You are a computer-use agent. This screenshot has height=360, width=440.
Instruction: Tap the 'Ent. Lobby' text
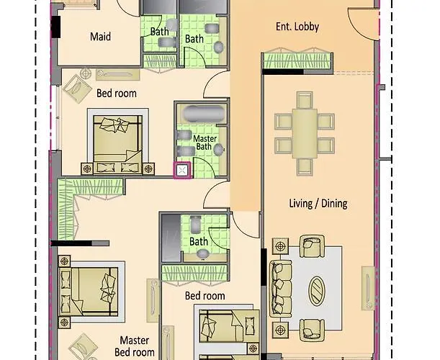coord(297,27)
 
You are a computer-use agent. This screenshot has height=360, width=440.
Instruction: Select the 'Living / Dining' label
coord(318,204)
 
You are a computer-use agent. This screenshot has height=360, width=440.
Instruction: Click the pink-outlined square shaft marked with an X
coord(182,171)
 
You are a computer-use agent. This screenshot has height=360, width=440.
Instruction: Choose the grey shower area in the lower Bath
coord(170,238)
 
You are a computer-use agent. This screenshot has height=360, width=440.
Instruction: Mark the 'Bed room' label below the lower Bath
coord(205,296)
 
